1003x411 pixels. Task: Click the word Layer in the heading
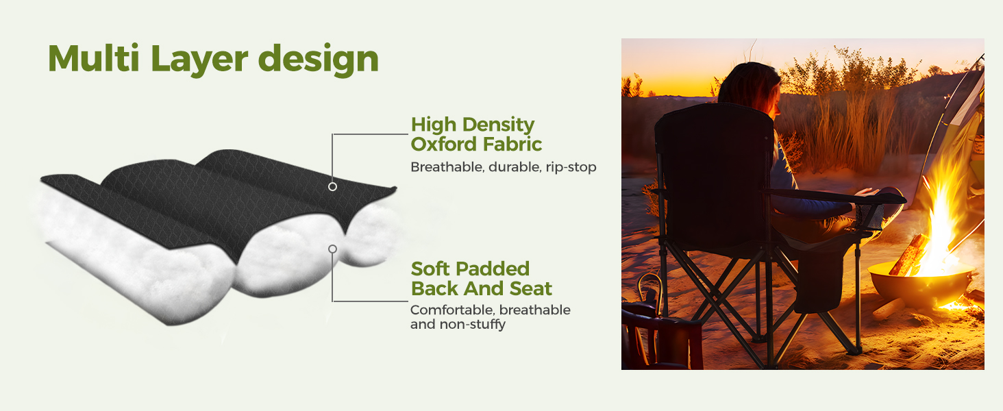point(199,60)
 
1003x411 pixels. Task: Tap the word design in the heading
point(319,60)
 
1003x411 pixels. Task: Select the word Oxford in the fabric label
point(443,144)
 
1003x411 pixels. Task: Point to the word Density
point(498,125)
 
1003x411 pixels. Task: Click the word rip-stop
point(571,167)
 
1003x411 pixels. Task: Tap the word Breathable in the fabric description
point(447,167)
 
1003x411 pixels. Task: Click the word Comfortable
point(452,310)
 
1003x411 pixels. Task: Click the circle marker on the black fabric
point(332,187)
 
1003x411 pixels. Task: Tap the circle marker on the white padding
point(332,249)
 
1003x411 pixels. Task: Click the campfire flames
point(940,215)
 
